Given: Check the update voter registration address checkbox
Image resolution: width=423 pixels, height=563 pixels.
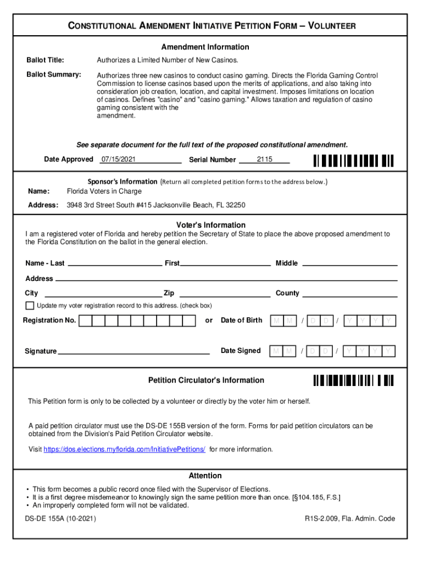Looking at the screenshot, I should pos(30,306).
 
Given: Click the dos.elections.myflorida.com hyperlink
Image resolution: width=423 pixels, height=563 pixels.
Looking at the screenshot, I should pos(124,450).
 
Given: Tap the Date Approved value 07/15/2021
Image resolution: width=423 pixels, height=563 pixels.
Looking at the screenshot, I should pos(118,159).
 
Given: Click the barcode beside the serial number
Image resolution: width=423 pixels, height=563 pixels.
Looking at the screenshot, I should pos(353,160).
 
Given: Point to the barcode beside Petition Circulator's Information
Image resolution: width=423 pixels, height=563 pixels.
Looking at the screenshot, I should pos(353,380).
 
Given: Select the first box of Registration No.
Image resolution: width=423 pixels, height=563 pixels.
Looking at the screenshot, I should pos(86,321).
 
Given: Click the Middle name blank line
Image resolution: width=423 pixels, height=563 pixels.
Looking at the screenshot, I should pos(350,263).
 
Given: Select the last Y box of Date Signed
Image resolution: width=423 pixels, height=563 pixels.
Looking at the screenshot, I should pos(389,351).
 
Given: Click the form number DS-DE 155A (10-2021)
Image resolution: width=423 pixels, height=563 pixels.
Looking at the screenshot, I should pos(60,518).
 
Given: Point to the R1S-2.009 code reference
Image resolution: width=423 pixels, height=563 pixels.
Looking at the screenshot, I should pos(350,518).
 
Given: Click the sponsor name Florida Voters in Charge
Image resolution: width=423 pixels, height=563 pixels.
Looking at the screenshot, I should pos(104,191).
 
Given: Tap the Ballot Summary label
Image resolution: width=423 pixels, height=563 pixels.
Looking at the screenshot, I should pos(54,74).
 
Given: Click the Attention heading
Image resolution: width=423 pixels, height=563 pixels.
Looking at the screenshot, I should pos(205,476).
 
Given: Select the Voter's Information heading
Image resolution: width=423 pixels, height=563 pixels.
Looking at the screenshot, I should pos(210,225).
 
